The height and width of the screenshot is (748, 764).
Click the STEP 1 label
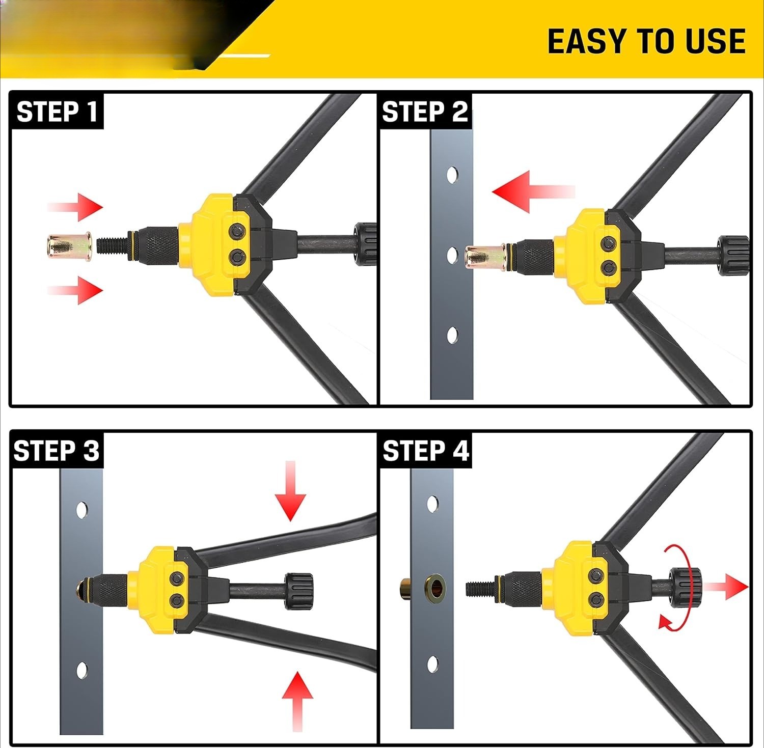57,112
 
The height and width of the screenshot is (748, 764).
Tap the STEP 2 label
425,112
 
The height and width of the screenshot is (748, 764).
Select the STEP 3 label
57,451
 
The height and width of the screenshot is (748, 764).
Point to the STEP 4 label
426,451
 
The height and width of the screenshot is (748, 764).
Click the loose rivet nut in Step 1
69,246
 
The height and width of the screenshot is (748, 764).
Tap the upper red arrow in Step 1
75,207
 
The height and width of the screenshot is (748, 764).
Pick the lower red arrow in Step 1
75,290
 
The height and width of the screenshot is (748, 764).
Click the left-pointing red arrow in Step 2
533,191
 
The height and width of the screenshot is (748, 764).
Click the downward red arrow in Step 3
290,491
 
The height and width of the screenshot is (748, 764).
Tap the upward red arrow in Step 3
297,701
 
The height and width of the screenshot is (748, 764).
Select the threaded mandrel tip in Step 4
479,589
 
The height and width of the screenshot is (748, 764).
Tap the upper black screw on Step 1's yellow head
237,232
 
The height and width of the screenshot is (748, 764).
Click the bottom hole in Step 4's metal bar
432,664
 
